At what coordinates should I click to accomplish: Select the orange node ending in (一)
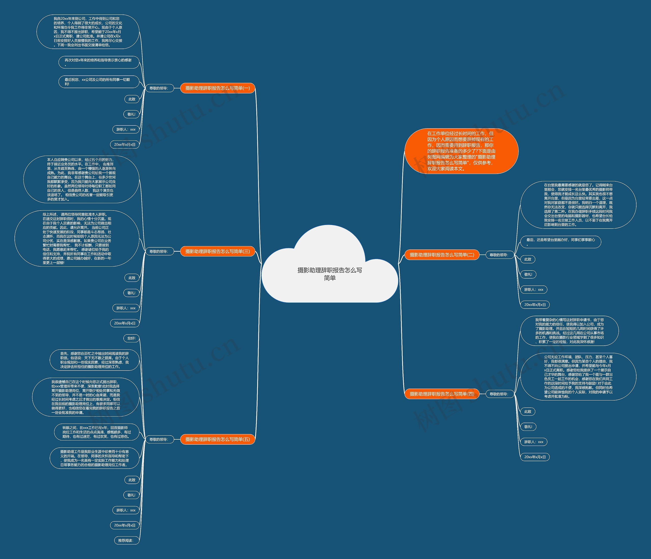217,88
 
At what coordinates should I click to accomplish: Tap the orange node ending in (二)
442,255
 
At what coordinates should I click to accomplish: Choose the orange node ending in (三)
217,251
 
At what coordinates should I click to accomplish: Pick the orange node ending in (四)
442,394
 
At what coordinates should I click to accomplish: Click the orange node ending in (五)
217,439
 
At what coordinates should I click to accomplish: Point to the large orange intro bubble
461,151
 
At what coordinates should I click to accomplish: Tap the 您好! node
131,338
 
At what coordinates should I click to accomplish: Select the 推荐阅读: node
126,540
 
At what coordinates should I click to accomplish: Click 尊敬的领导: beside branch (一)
159,88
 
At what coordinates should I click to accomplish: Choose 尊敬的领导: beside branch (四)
499,394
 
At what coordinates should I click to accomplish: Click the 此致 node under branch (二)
528,259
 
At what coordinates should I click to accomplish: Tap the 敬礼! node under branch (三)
131,293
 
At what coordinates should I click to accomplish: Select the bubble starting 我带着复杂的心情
569,331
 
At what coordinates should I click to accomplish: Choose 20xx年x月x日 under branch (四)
535,457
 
